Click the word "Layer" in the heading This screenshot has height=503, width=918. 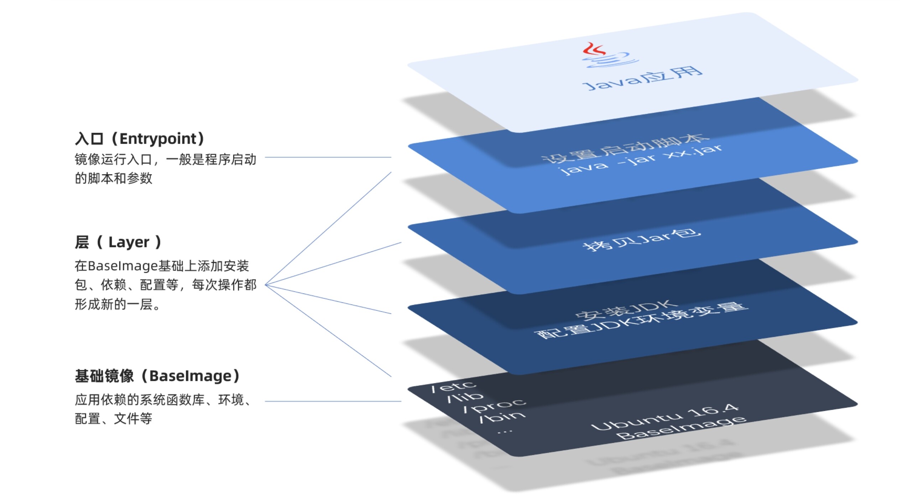point(129,242)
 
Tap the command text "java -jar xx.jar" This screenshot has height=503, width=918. point(641,160)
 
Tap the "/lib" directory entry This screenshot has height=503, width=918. point(465,397)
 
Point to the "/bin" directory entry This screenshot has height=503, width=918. point(502,417)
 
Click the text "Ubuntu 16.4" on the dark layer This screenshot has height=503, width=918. point(665,416)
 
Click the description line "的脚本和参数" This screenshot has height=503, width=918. point(114,178)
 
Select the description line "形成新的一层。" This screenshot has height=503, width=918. point(118,305)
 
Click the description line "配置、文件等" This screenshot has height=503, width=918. point(114,419)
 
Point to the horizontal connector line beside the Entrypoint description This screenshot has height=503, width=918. point(328,157)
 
